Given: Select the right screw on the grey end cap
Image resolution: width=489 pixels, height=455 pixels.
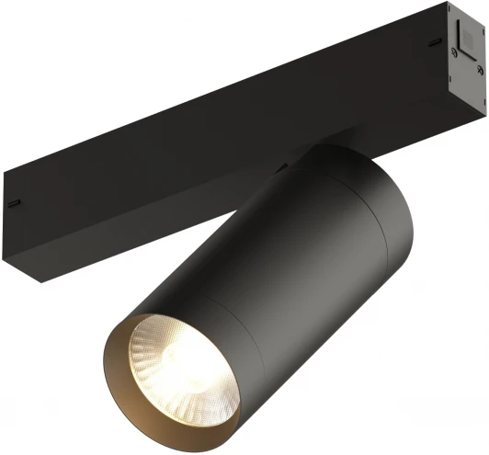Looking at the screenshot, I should [475, 66].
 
